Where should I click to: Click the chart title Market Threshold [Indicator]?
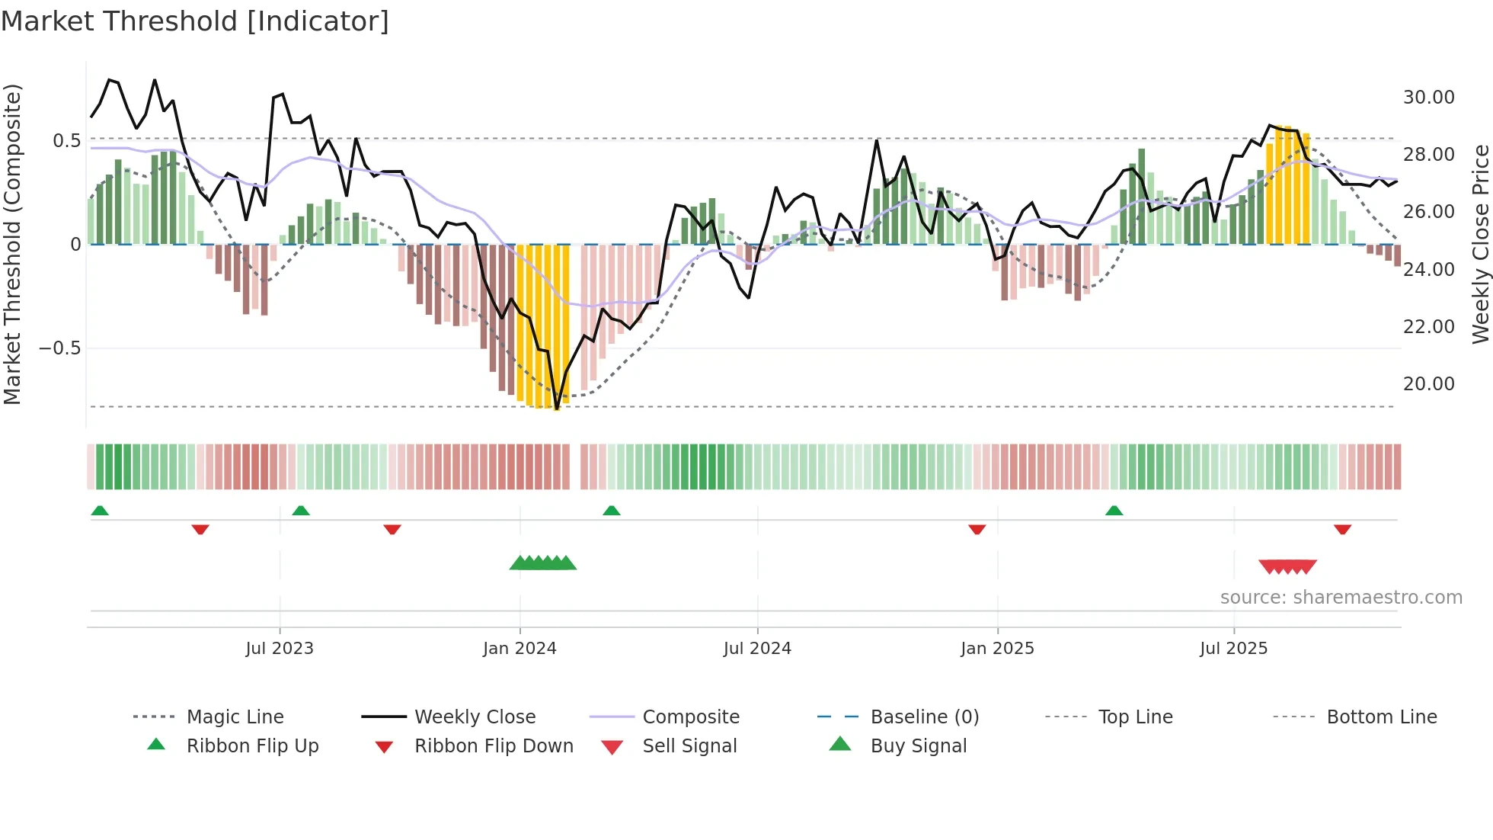(195, 21)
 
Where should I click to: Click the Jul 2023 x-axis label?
(280, 649)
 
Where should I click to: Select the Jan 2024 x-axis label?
(520, 649)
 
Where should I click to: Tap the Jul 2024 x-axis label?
(757, 649)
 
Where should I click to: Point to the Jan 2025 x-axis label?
(997, 649)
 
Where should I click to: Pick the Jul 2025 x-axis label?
(1233, 649)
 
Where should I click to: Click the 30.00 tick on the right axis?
(1428, 98)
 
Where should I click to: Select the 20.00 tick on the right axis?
(1428, 384)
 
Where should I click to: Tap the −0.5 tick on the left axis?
(59, 348)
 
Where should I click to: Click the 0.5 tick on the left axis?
(66, 141)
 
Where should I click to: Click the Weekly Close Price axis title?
(1479, 244)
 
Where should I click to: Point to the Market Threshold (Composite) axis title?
(12, 244)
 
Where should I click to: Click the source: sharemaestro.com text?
(1341, 598)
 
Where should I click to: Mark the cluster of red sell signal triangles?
(1287, 566)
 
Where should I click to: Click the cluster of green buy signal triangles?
(543, 563)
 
